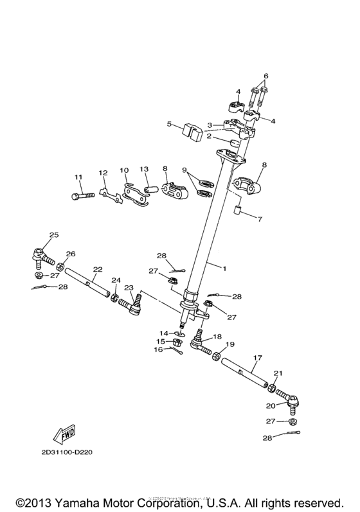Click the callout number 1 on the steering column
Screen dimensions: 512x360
click(x=224, y=267)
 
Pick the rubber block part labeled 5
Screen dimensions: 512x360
click(x=191, y=131)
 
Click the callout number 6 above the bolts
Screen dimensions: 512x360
click(x=265, y=76)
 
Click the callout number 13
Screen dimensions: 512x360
click(x=145, y=169)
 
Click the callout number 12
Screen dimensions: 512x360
click(x=103, y=173)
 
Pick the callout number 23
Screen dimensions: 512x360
click(x=129, y=288)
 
